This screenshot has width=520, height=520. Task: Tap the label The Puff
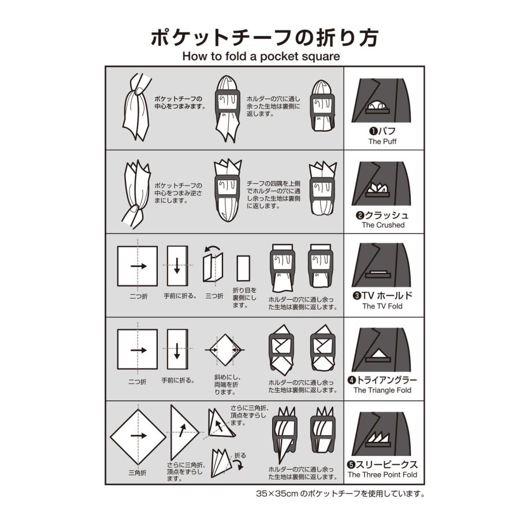(x=382, y=141)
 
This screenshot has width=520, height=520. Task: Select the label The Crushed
(x=383, y=225)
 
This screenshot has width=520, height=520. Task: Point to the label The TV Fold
(x=382, y=306)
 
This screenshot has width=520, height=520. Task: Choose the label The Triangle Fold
(x=382, y=390)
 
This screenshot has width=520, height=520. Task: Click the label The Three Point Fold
(x=382, y=474)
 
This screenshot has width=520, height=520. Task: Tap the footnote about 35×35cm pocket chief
(x=341, y=494)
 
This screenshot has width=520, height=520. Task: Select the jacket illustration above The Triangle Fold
(x=382, y=350)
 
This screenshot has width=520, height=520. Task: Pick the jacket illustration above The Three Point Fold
(x=382, y=433)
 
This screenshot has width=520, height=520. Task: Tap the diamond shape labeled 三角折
(x=138, y=436)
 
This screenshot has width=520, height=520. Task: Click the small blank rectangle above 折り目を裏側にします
(x=243, y=268)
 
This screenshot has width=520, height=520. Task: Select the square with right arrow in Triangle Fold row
(x=138, y=350)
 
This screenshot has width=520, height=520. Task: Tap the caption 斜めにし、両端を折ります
(x=227, y=385)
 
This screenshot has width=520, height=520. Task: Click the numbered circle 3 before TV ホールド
(x=357, y=296)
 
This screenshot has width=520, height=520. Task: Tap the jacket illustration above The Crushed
(x=382, y=184)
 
